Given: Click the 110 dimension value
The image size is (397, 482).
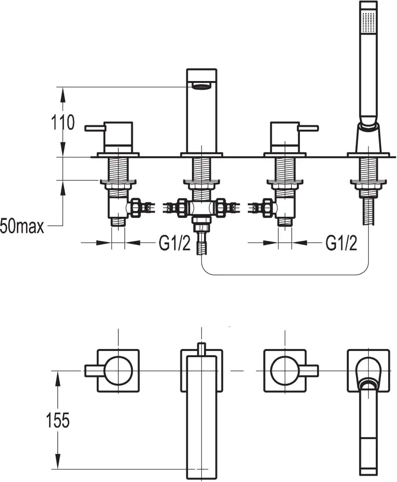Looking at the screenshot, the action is click(63, 122).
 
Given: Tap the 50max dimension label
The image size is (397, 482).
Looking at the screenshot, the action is click(22, 227).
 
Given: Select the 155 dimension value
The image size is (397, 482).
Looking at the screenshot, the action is click(58, 420).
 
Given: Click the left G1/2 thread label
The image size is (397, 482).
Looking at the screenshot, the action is click(175, 243).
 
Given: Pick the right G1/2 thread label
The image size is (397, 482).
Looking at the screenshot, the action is click(341, 243).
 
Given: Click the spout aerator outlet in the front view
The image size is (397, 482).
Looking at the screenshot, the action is click(201, 86).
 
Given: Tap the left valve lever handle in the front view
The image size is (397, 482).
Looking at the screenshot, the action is click(95, 128).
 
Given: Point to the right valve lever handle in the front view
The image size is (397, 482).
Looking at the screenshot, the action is click(308, 128).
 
